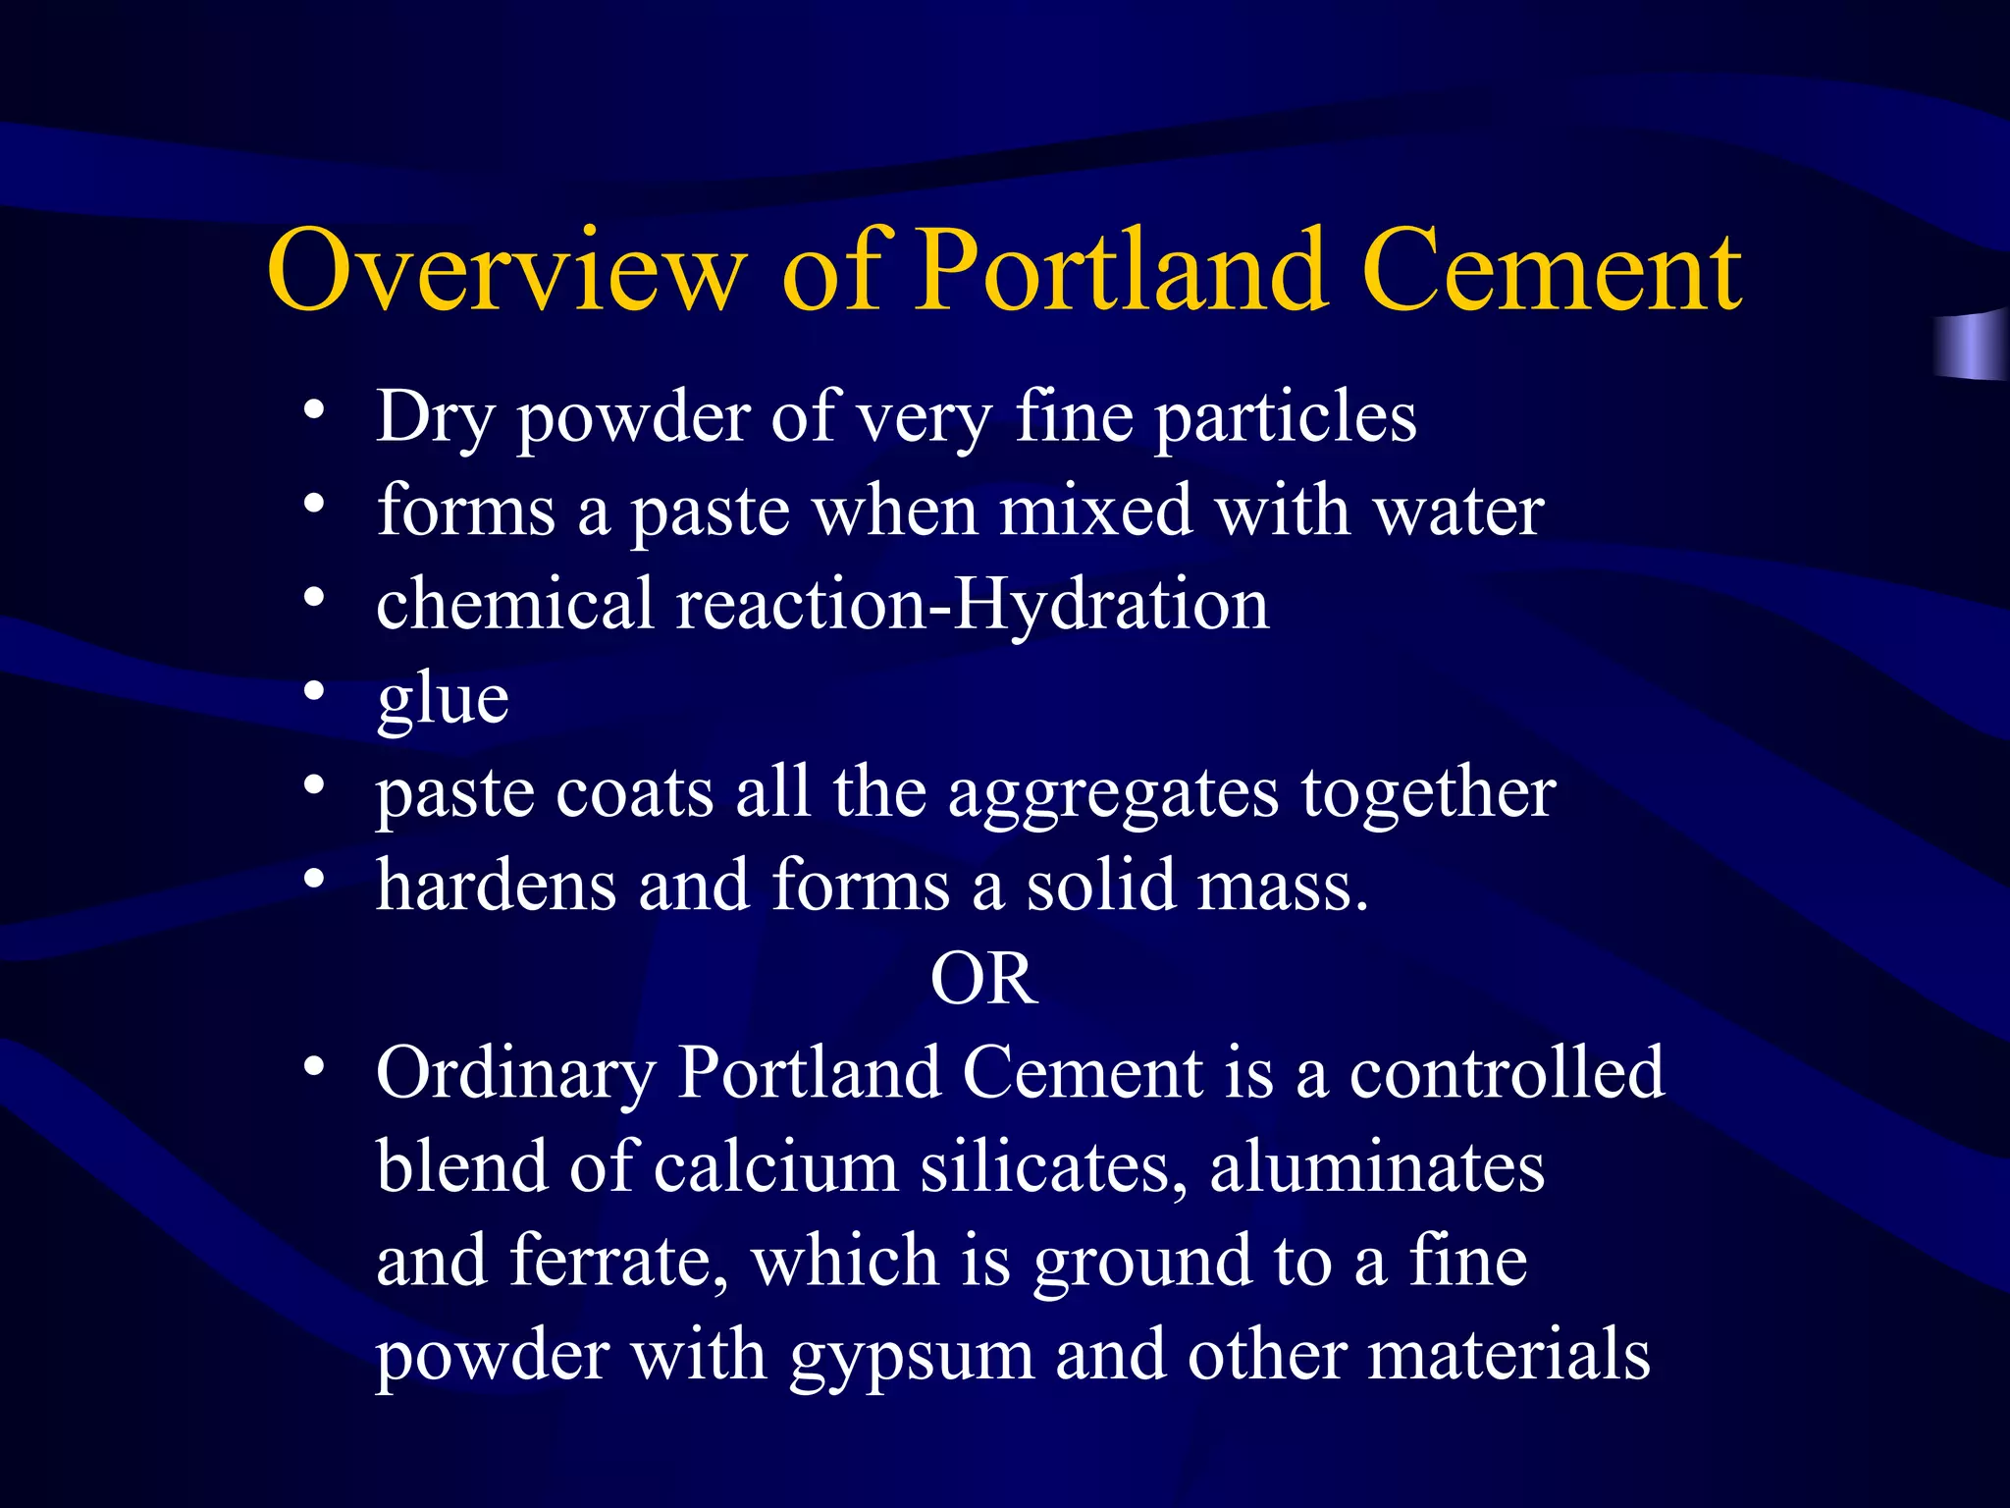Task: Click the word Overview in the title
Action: [x=504, y=270]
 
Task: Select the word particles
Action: [x=1285, y=417]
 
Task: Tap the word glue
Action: [x=443, y=699]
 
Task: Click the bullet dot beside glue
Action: [x=313, y=692]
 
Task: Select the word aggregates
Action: [x=1113, y=793]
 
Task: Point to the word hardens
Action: [x=497, y=885]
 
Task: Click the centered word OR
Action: [x=983, y=979]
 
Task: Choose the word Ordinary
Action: [x=515, y=1073]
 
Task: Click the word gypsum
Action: [x=912, y=1356]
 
